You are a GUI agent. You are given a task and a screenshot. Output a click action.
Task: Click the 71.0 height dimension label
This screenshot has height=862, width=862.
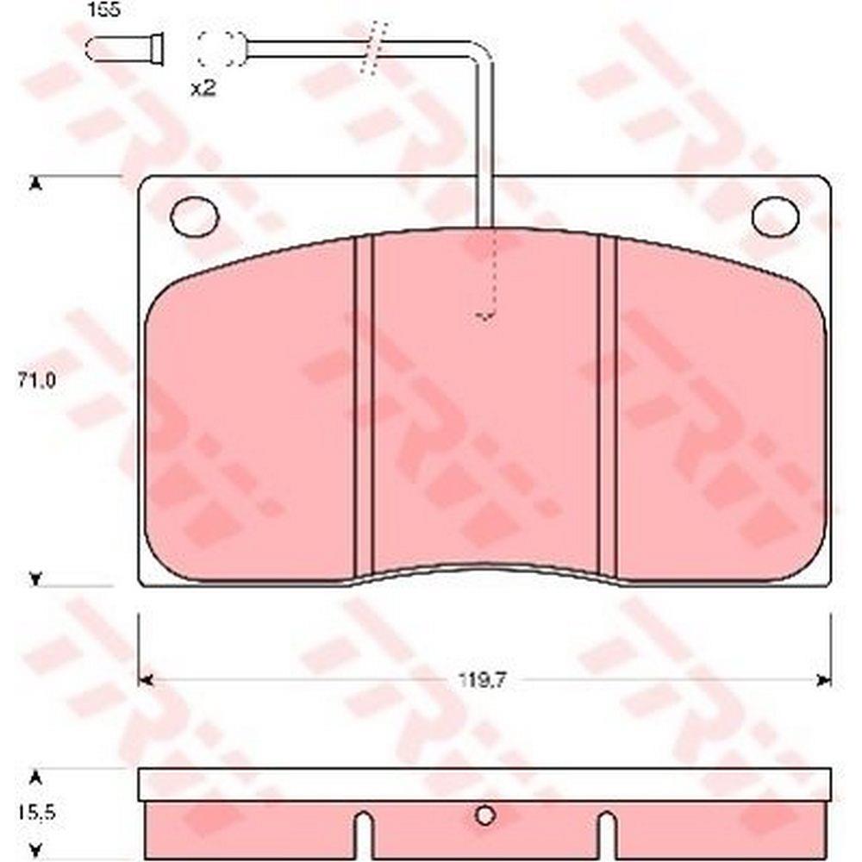click(x=36, y=380)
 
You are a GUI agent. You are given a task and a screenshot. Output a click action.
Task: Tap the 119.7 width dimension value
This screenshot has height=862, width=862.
click(x=482, y=681)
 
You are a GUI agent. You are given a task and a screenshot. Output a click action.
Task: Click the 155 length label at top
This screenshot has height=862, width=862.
click(x=104, y=9)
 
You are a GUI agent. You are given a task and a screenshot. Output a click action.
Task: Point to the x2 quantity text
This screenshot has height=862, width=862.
click(x=203, y=87)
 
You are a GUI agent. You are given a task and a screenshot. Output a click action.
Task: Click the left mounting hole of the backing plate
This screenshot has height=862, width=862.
click(x=195, y=216)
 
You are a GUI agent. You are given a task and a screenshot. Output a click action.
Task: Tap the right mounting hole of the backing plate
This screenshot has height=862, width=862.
click(x=775, y=216)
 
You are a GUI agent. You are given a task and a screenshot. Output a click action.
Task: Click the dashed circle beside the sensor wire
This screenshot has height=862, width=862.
click(x=222, y=48)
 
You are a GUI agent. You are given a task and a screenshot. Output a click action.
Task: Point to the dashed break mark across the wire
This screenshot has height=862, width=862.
click(x=374, y=48)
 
